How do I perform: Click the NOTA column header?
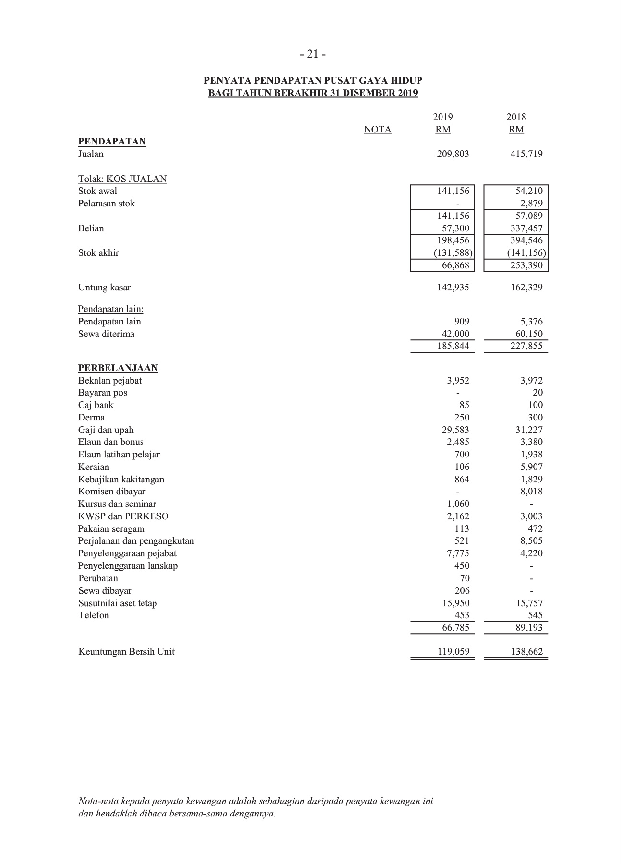click(x=377, y=130)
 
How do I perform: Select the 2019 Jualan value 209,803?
click(x=453, y=154)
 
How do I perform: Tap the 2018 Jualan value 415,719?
click(x=526, y=154)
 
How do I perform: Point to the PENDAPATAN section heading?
click(x=112, y=142)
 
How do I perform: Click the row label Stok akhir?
click(x=98, y=253)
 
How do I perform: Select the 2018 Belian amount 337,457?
click(x=526, y=228)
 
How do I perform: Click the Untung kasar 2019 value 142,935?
click(x=453, y=288)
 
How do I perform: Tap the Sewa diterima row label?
click(x=106, y=334)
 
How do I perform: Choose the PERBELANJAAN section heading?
click(x=118, y=368)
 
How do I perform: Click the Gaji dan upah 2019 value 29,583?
click(x=455, y=430)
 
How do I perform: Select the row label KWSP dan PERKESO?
click(x=123, y=516)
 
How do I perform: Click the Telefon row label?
click(x=94, y=615)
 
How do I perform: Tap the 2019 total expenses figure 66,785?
click(x=455, y=628)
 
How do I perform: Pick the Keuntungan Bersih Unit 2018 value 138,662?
click(x=526, y=652)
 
